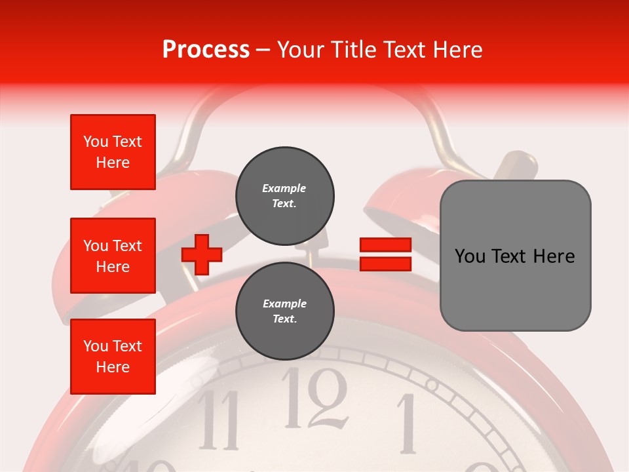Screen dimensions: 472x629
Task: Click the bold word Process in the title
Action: pyautogui.click(x=206, y=50)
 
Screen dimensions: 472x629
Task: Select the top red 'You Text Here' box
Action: pyautogui.click(x=113, y=152)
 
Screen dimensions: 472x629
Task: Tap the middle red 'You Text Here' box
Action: pyautogui.click(x=113, y=256)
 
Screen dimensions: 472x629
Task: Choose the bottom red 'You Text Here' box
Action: pyautogui.click(x=113, y=357)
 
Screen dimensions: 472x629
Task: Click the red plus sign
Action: pyautogui.click(x=202, y=254)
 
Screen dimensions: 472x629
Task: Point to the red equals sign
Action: pyautogui.click(x=385, y=254)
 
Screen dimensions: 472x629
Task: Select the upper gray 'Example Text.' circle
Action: pyautogui.click(x=284, y=195)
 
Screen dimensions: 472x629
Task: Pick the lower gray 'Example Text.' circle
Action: pyautogui.click(x=284, y=311)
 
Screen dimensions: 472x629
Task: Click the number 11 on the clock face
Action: pyautogui.click(x=219, y=420)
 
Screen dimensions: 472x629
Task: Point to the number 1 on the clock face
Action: pyautogui.click(x=408, y=423)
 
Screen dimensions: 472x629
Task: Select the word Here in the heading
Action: pyautogui.click(x=457, y=50)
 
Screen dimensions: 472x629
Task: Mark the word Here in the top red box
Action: pyautogui.click(x=113, y=163)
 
